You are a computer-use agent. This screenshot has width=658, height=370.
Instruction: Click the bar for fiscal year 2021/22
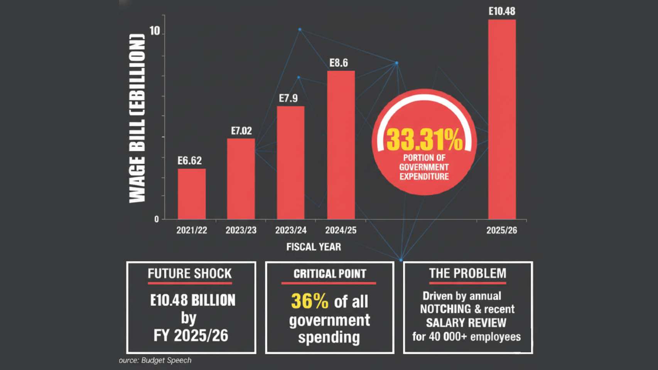pos(192,194)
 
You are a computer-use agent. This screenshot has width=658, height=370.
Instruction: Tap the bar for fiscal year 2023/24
pos(290,162)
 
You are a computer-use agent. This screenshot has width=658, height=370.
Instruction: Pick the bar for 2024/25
pos(341,145)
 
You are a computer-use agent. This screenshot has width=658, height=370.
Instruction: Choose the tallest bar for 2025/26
pos(502,119)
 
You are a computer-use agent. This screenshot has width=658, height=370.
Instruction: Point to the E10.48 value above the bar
pos(502,11)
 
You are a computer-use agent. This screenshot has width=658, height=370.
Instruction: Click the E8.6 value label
pos(339,63)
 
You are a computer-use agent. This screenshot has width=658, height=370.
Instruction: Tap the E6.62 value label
pos(189,161)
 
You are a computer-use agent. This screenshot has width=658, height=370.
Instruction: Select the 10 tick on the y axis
pos(155,31)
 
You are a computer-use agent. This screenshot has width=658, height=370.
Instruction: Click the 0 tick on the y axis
pos(157,219)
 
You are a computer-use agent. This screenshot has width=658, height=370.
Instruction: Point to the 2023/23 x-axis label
pos(241,230)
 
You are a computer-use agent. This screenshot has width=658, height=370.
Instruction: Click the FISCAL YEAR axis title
pos(314,247)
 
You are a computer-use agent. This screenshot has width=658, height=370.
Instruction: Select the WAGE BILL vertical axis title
pos(137,118)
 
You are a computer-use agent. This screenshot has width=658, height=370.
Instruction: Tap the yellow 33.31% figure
pos(424,140)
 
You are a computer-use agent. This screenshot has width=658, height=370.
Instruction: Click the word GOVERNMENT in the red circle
pos(424,167)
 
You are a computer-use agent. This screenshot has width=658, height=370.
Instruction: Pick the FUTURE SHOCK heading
pos(190,274)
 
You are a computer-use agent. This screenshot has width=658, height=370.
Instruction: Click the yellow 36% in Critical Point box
pos(310,301)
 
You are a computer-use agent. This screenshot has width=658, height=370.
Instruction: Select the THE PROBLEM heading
pos(467,274)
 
